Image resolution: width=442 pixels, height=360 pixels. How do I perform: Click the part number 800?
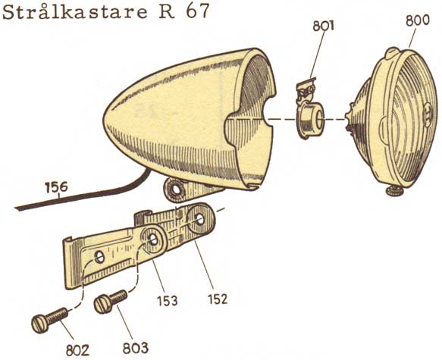pos(418,21)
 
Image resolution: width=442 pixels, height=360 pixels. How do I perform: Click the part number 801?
pos(323,27)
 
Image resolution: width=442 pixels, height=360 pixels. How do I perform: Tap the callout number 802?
pos(77,351)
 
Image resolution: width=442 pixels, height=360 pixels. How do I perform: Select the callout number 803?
pos(135,349)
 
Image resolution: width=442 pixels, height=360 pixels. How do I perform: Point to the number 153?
pos(167,301)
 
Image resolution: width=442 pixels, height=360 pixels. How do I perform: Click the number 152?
pos(218,299)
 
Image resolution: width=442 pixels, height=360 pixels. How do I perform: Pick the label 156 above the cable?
pos(56,187)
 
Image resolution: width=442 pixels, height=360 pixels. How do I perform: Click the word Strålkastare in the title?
pos(75,12)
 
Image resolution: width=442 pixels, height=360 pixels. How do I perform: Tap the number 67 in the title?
pos(198,11)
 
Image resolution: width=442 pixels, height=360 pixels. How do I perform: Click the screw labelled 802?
pos(49,320)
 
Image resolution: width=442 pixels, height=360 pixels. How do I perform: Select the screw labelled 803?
pos(110,302)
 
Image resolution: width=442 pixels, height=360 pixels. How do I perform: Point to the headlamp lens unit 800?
pos(393,118)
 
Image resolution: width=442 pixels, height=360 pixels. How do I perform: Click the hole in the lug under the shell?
pos(176,190)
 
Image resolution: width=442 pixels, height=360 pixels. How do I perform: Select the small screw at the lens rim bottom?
pos(395,191)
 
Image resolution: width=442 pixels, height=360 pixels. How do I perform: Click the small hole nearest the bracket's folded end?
pos(99,257)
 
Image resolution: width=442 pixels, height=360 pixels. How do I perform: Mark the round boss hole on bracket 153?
pos(154,239)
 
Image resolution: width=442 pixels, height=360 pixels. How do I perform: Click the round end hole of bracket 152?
pos(200,219)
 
